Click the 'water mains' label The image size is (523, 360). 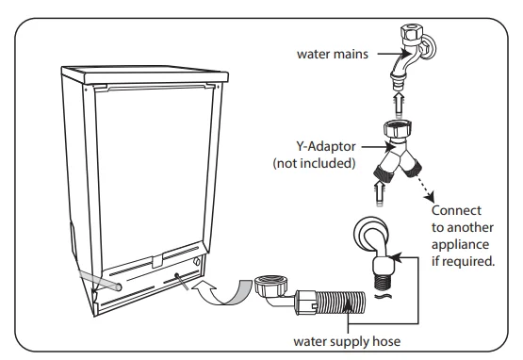point(333,54)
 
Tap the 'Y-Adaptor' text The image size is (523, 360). point(325,146)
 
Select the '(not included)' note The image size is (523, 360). point(314,163)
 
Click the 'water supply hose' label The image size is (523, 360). point(347,341)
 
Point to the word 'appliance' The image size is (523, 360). point(460,244)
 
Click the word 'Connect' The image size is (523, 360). point(456,210)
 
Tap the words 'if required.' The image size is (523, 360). point(463,261)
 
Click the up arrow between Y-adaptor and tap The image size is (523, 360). point(399,104)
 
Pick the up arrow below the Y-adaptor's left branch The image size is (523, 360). point(379,193)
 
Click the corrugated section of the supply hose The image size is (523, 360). point(340,302)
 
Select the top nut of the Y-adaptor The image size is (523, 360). point(398,128)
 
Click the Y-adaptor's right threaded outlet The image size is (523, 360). point(414,168)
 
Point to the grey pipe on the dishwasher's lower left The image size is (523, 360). point(100,279)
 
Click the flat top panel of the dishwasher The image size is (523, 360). point(145,74)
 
